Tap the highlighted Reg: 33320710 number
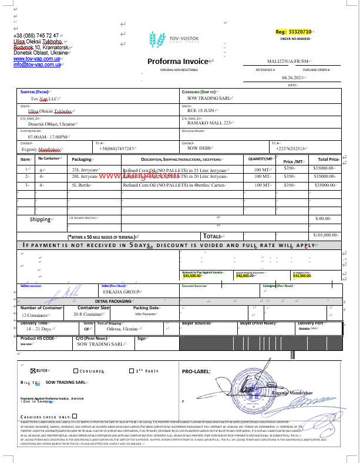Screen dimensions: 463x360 (298, 31)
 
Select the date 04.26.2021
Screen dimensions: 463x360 (293, 77)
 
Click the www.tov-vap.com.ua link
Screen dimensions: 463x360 (36, 59)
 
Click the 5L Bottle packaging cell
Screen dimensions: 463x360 (82, 185)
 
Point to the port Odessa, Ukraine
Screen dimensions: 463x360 (122, 329)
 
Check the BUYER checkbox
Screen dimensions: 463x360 (33, 371)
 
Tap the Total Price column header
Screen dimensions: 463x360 (328, 159)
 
